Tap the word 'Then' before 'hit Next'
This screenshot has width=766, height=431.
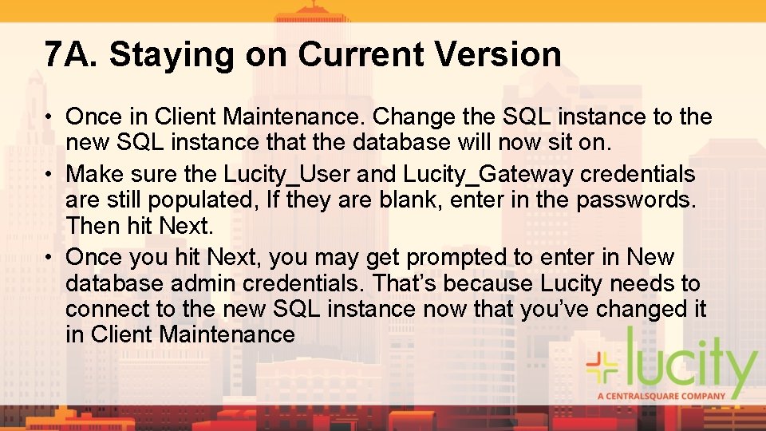pyautogui.click(x=93, y=226)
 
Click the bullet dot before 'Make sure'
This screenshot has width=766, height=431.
pyautogui.click(x=49, y=174)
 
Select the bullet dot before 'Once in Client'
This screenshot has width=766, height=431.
pyautogui.click(x=49, y=117)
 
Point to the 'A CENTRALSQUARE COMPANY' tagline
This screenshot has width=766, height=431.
pyautogui.click(x=661, y=395)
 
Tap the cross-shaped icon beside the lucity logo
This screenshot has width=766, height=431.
pyautogui.click(x=602, y=366)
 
